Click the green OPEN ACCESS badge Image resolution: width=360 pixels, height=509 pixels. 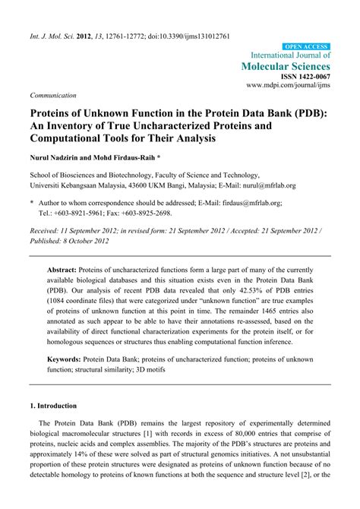pos(306,46)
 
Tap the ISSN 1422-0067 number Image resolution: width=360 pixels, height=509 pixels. pos(305,79)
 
